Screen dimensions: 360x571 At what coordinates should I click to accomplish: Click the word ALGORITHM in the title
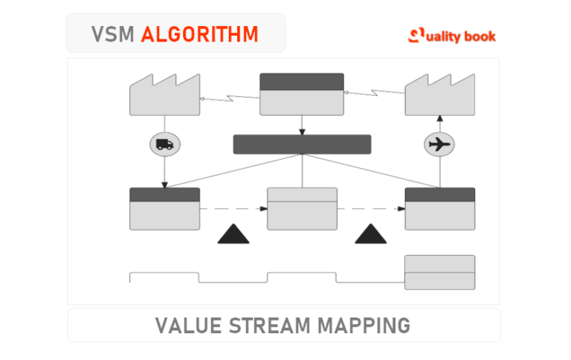tap(200, 33)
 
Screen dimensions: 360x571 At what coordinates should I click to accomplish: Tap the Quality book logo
tap(452, 35)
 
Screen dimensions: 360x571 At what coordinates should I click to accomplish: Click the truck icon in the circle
tap(165, 144)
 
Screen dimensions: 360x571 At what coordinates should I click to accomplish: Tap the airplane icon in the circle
tap(439, 144)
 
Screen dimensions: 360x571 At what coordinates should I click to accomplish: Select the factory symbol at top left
tap(164, 96)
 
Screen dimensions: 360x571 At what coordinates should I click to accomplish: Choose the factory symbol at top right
tap(439, 96)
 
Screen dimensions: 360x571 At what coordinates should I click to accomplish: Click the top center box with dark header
tap(301, 94)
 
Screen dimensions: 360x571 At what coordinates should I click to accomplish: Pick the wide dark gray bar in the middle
tap(301, 144)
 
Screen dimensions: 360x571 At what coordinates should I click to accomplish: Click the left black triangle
tap(233, 234)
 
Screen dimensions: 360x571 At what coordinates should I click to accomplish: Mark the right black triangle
tap(371, 234)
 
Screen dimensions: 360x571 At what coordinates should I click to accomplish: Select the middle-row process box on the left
tap(164, 209)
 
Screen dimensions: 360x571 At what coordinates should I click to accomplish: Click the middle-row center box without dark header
tap(301, 209)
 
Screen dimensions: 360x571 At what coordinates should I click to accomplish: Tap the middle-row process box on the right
tap(439, 209)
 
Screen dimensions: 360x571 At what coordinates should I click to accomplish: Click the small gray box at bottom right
tap(439, 272)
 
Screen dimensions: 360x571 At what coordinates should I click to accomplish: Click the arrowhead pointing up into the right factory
tap(439, 118)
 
